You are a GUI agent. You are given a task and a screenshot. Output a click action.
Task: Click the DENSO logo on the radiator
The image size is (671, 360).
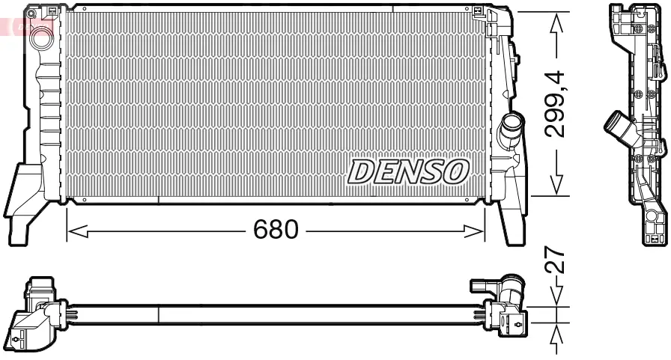[408, 171]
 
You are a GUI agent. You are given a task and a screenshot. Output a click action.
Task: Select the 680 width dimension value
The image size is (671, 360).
[276, 230]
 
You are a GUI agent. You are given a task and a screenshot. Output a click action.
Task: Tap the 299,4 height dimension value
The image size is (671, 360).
[554, 103]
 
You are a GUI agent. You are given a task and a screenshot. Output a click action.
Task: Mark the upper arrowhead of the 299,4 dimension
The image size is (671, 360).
[556, 21]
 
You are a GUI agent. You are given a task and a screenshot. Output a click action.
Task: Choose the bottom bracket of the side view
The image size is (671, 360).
[654, 225]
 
